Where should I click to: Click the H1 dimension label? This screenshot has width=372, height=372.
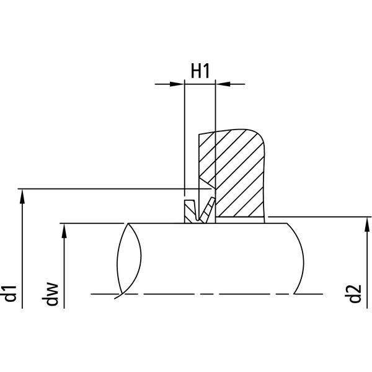pos(200,71)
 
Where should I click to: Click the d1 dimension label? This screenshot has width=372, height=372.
pos(11,294)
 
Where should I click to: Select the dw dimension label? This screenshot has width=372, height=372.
pos(50,294)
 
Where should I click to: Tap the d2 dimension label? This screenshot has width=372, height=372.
pos(355,294)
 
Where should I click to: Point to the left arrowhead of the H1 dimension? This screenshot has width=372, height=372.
pos(177,84)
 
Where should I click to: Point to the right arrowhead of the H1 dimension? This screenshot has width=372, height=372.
pos(223,84)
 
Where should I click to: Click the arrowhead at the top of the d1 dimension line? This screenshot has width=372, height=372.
pos(22,197)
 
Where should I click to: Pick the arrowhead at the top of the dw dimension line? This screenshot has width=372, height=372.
pos(64,231)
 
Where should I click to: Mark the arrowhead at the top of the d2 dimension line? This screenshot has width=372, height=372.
pos(367,224)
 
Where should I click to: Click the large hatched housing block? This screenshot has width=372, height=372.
pos(235,173)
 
